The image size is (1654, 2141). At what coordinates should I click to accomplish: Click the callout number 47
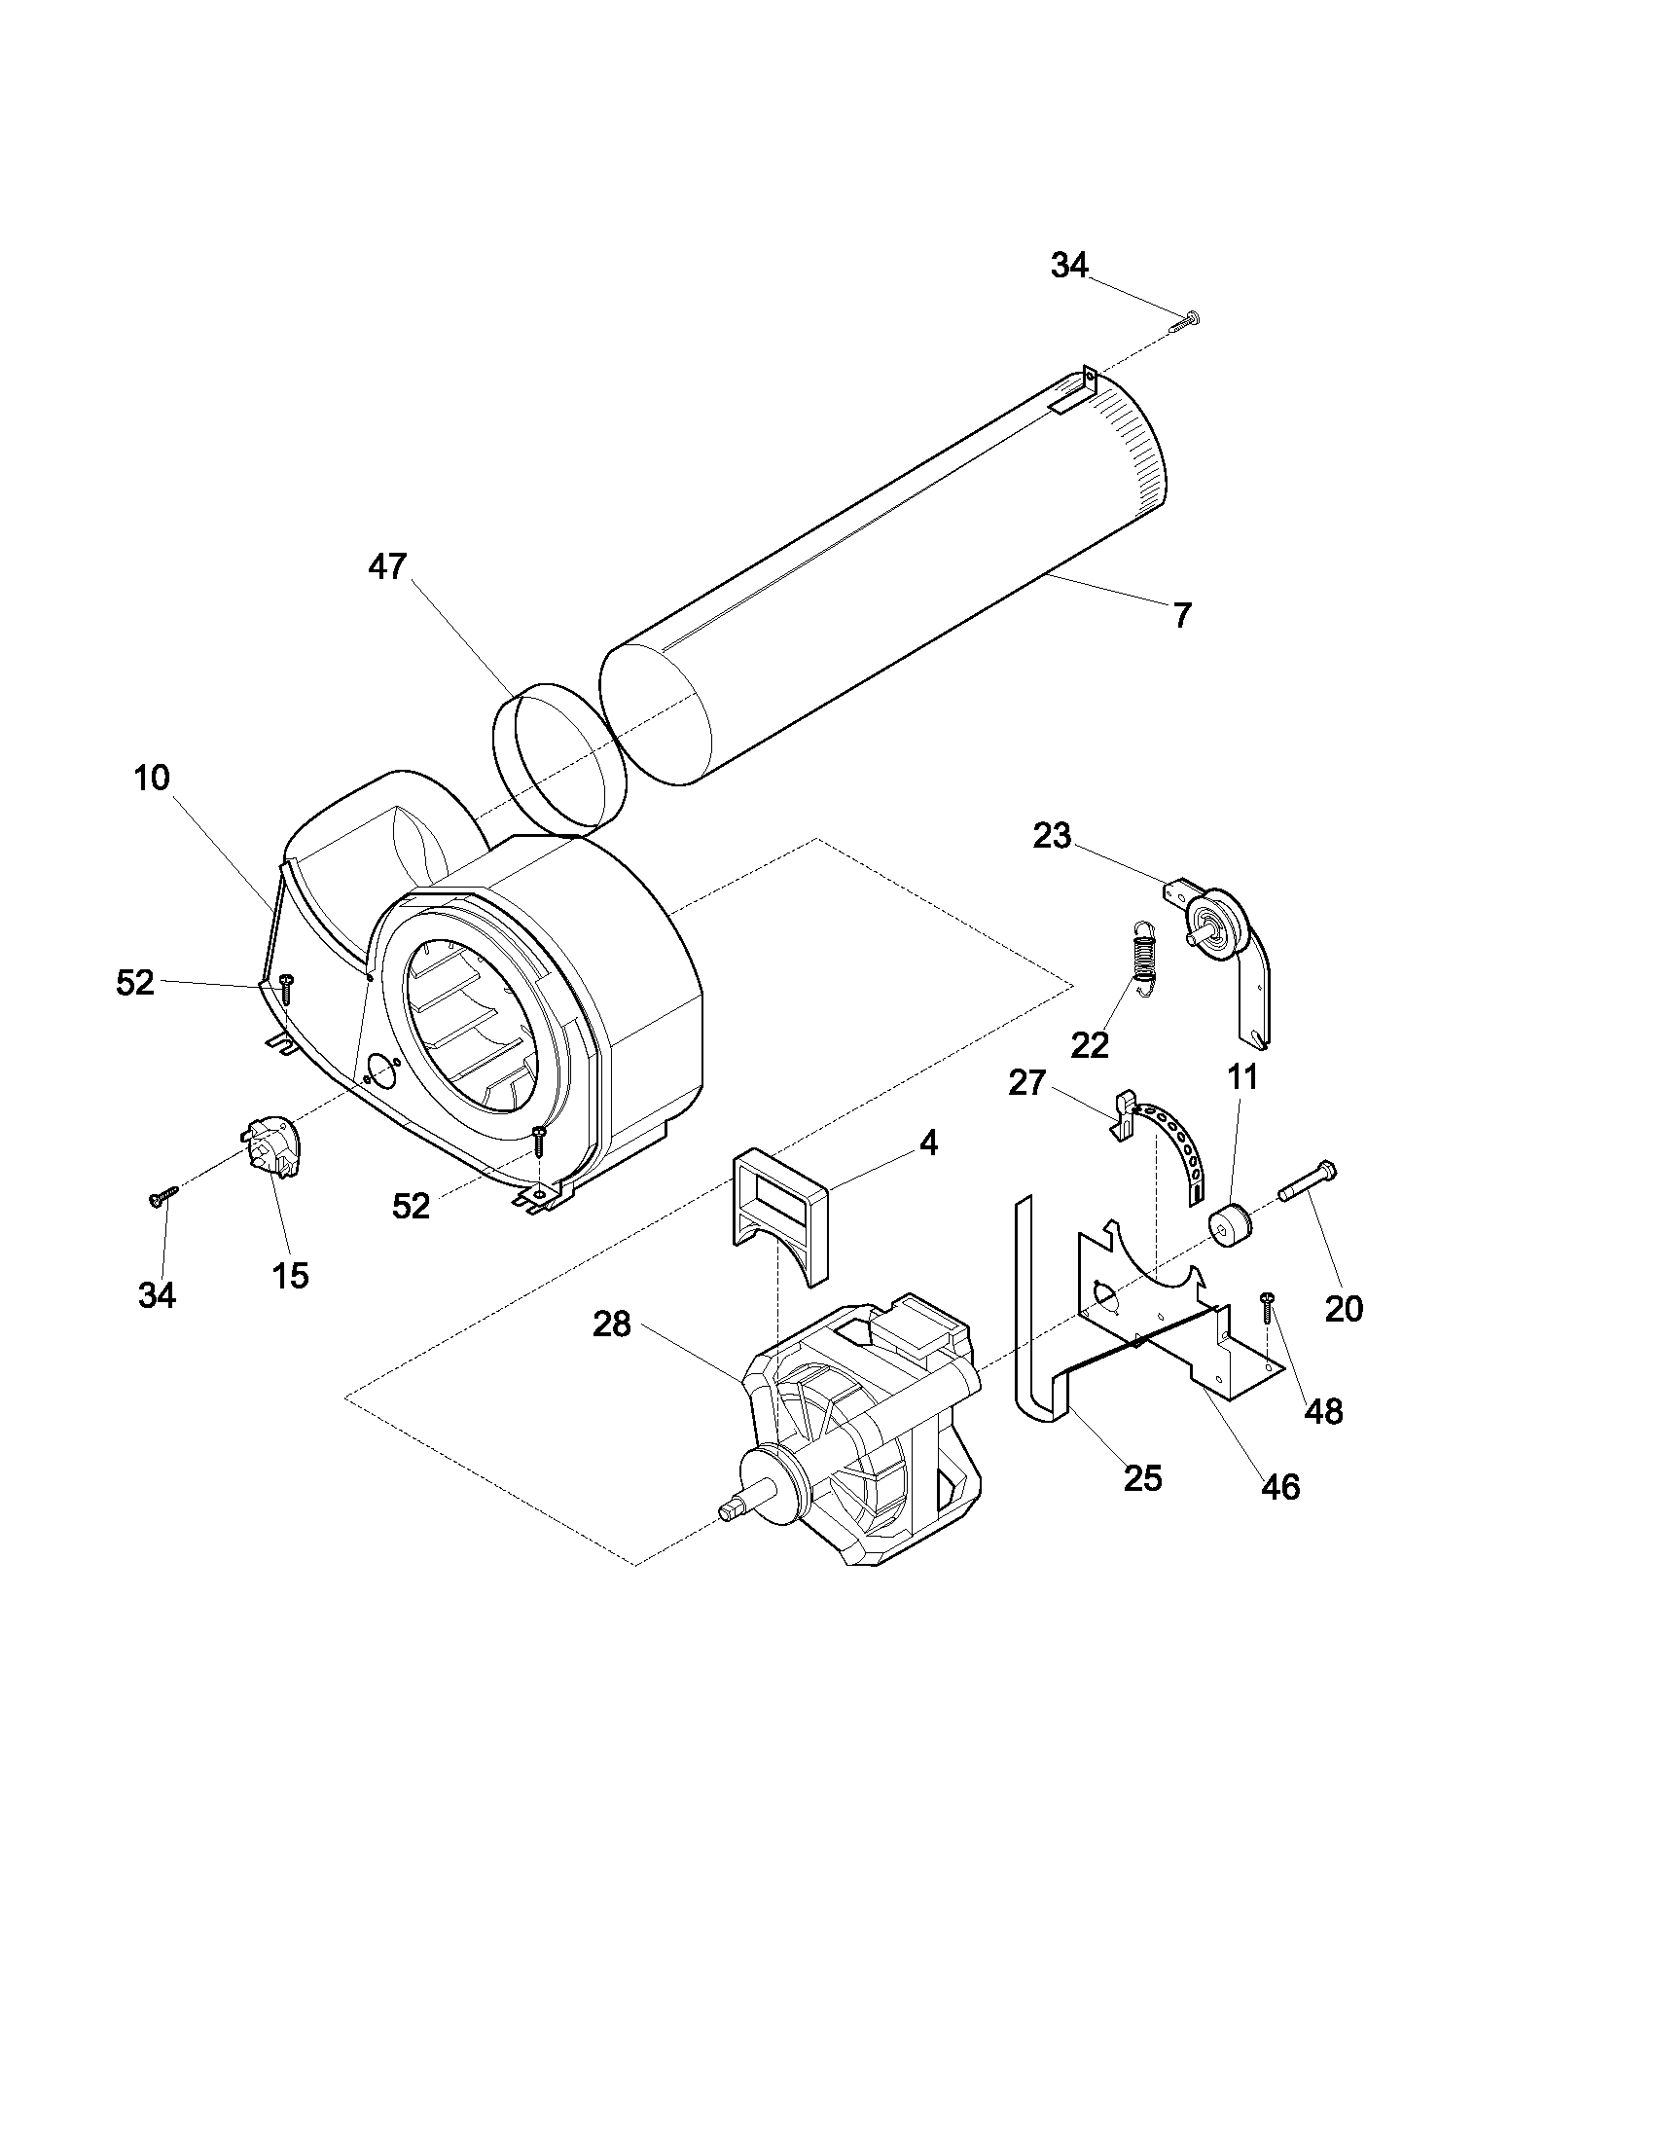387,566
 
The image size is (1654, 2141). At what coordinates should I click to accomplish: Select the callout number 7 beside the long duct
1183,616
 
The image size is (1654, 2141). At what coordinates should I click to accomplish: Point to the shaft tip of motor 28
730,1510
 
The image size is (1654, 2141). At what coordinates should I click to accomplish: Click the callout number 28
612,1325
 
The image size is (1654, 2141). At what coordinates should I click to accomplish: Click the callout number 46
1280,1486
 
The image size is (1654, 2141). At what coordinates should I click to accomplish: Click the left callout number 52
135,982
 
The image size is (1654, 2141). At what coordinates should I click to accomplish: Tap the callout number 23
1053,836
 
